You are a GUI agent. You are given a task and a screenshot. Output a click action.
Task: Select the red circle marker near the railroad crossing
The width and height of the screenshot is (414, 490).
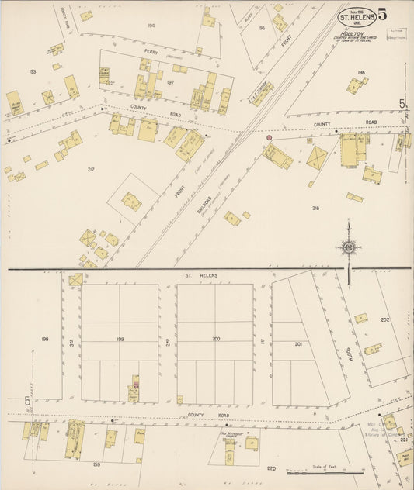point(270,137)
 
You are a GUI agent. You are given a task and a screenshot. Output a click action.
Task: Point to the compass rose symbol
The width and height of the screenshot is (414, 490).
point(349,248)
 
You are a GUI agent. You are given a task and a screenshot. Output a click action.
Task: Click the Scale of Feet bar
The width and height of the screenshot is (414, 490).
point(324,471)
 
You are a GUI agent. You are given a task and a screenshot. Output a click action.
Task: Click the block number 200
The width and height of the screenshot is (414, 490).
point(215,339)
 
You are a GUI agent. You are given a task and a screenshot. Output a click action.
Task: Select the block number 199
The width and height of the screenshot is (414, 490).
point(120,339)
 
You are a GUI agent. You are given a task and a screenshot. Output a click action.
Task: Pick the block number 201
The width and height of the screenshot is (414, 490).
point(297,343)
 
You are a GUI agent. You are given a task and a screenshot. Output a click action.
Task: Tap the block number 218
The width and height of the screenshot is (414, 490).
point(315,208)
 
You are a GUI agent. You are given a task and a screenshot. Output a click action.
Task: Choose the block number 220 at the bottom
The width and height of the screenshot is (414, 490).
point(271,468)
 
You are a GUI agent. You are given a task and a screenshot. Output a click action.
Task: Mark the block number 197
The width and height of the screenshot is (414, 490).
point(170,81)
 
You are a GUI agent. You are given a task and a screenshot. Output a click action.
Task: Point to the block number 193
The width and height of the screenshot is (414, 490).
point(33,71)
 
